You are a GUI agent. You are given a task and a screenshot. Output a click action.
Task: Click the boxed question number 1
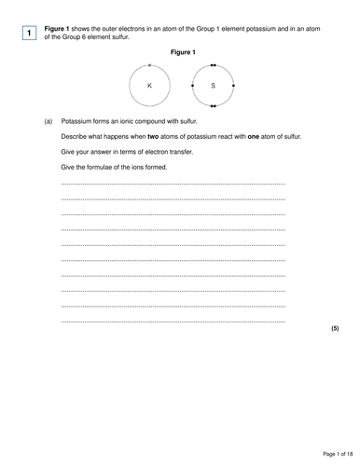tap(30, 33)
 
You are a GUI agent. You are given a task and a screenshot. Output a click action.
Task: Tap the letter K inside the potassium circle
tap(149, 85)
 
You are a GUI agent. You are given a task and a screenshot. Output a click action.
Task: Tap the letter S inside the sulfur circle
tap(213, 85)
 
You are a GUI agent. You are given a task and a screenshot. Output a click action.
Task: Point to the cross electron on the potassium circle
tap(149, 65)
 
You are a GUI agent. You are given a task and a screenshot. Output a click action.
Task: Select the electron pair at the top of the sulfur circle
tap(213, 65)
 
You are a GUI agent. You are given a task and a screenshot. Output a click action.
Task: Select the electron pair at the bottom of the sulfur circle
tap(213, 105)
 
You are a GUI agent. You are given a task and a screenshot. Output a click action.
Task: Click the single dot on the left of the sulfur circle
tap(192, 85)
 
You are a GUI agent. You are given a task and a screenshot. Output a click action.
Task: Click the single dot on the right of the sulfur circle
tap(233, 85)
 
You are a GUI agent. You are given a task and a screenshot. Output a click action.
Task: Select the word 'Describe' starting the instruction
tap(76, 136)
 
